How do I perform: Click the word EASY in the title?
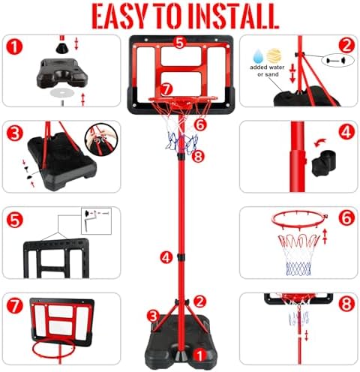tap(120, 16)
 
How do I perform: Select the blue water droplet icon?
tap(258, 56)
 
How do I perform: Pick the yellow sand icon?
tap(274, 55)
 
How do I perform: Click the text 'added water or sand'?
tap(268, 70)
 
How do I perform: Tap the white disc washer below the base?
tap(62, 93)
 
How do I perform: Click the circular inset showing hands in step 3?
tap(101, 139)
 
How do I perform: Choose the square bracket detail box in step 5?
tap(96, 221)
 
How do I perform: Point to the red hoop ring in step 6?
tap(299, 219)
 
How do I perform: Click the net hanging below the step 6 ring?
tap(299, 254)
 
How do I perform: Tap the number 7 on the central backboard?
tap(166, 89)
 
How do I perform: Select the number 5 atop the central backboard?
tap(180, 43)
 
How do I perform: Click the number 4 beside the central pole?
tap(166, 257)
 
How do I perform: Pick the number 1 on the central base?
tap(199, 355)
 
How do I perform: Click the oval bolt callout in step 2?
tap(338, 60)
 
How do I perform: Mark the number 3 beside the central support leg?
tap(153, 316)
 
